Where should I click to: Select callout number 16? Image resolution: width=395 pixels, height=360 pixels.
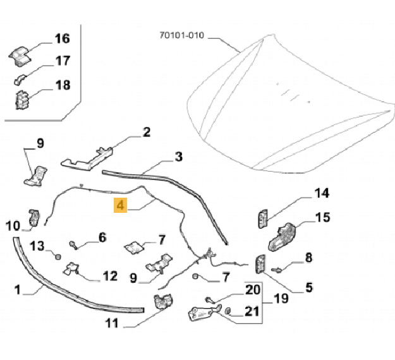point(62,39)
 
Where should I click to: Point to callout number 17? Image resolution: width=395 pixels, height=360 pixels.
point(62,62)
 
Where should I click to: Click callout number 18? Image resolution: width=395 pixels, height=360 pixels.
point(62,85)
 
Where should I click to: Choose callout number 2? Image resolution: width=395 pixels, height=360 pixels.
point(147,133)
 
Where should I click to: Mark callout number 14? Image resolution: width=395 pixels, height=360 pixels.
point(322,193)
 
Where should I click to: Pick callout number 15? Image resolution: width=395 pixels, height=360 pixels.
point(322,218)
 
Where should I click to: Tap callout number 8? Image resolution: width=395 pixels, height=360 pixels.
point(309,257)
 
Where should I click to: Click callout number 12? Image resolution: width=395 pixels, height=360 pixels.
point(110,276)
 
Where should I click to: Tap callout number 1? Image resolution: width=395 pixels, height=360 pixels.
point(18,290)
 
